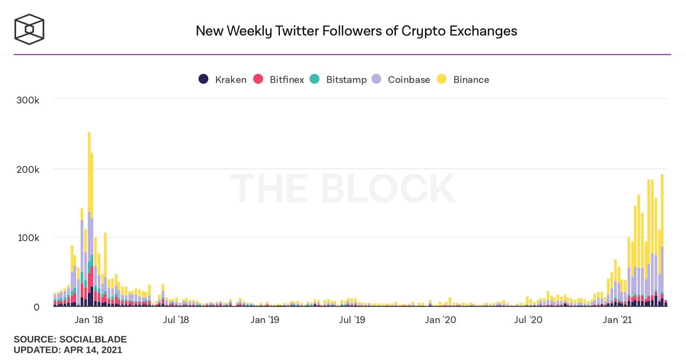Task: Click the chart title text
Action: tap(356, 31)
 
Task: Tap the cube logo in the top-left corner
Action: tap(29, 29)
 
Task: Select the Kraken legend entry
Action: tap(222, 79)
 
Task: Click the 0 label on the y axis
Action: tap(36, 307)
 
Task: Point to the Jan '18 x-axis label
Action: tap(89, 320)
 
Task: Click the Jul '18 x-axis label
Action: tap(176, 320)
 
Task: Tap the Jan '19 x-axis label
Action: tap(265, 320)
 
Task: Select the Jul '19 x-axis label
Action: tap(352, 320)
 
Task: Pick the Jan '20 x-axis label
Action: tap(441, 320)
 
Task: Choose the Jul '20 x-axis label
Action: tap(528, 320)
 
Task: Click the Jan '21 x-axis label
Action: tap(617, 320)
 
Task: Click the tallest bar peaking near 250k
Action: tap(89, 214)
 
